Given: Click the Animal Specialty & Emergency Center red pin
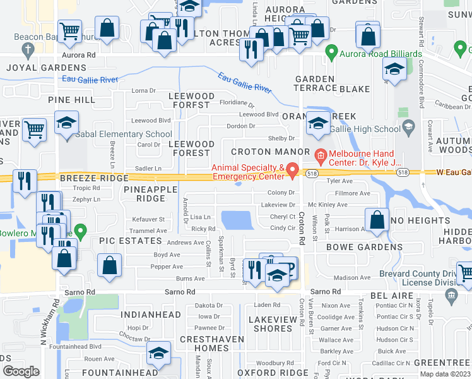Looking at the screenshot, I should pyautogui.click(x=292, y=169).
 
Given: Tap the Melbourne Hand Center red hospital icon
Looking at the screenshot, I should pyautogui.click(x=320, y=154).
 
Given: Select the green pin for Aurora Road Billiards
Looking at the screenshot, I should pyautogui.click(x=329, y=51).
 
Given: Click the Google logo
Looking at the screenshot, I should pyautogui.click(x=21, y=371).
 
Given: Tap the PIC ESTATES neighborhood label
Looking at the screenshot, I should pyautogui.click(x=131, y=241).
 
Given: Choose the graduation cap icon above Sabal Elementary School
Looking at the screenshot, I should pyautogui.click(x=66, y=123).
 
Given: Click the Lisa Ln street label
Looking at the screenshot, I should pyautogui.click(x=200, y=217).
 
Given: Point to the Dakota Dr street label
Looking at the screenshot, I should pyautogui.click(x=209, y=306).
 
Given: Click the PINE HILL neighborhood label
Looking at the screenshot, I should pyautogui.click(x=71, y=100).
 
